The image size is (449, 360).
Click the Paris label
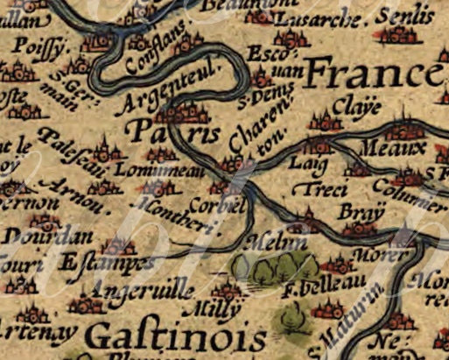172,133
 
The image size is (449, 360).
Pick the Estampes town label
95,262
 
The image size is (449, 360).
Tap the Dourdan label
34,236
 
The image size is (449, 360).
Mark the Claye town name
357,108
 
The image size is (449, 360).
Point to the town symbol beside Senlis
399,34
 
